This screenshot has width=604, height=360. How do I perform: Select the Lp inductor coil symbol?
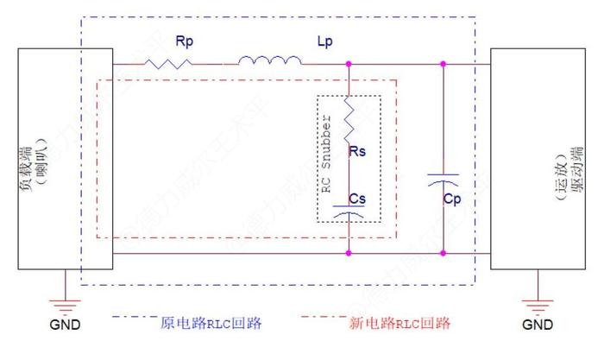pyautogui.click(x=269, y=60)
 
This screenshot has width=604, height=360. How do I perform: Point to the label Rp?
pyautogui.click(x=184, y=41)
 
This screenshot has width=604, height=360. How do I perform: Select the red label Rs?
pyautogui.click(x=358, y=152)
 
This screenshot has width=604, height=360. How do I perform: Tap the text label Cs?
pyautogui.click(x=358, y=198)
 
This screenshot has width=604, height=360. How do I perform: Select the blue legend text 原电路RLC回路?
pyautogui.click(x=211, y=324)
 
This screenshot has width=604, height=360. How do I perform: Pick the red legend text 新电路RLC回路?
pyautogui.click(x=400, y=324)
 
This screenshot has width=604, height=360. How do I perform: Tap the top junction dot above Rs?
pyautogui.click(x=349, y=63)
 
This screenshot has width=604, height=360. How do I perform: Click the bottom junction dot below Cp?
pyautogui.click(x=443, y=254)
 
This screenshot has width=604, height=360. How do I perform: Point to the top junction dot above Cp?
pyautogui.click(x=443, y=63)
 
